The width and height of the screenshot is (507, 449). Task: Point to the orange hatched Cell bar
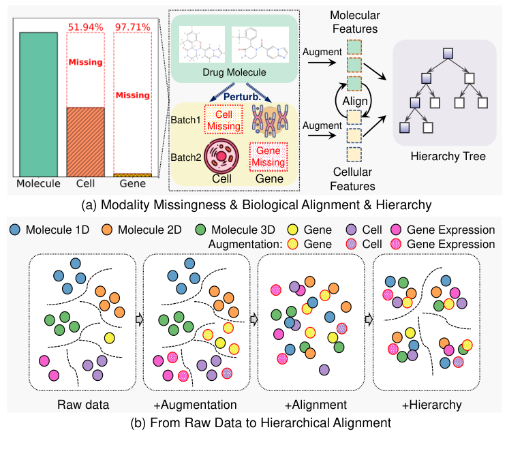[x=85, y=141]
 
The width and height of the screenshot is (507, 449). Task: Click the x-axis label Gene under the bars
[x=132, y=184]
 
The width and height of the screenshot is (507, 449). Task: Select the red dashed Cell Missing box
[x=224, y=121]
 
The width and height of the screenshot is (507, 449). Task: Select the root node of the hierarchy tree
[x=447, y=53]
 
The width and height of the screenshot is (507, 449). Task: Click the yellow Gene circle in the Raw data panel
[x=109, y=337]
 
